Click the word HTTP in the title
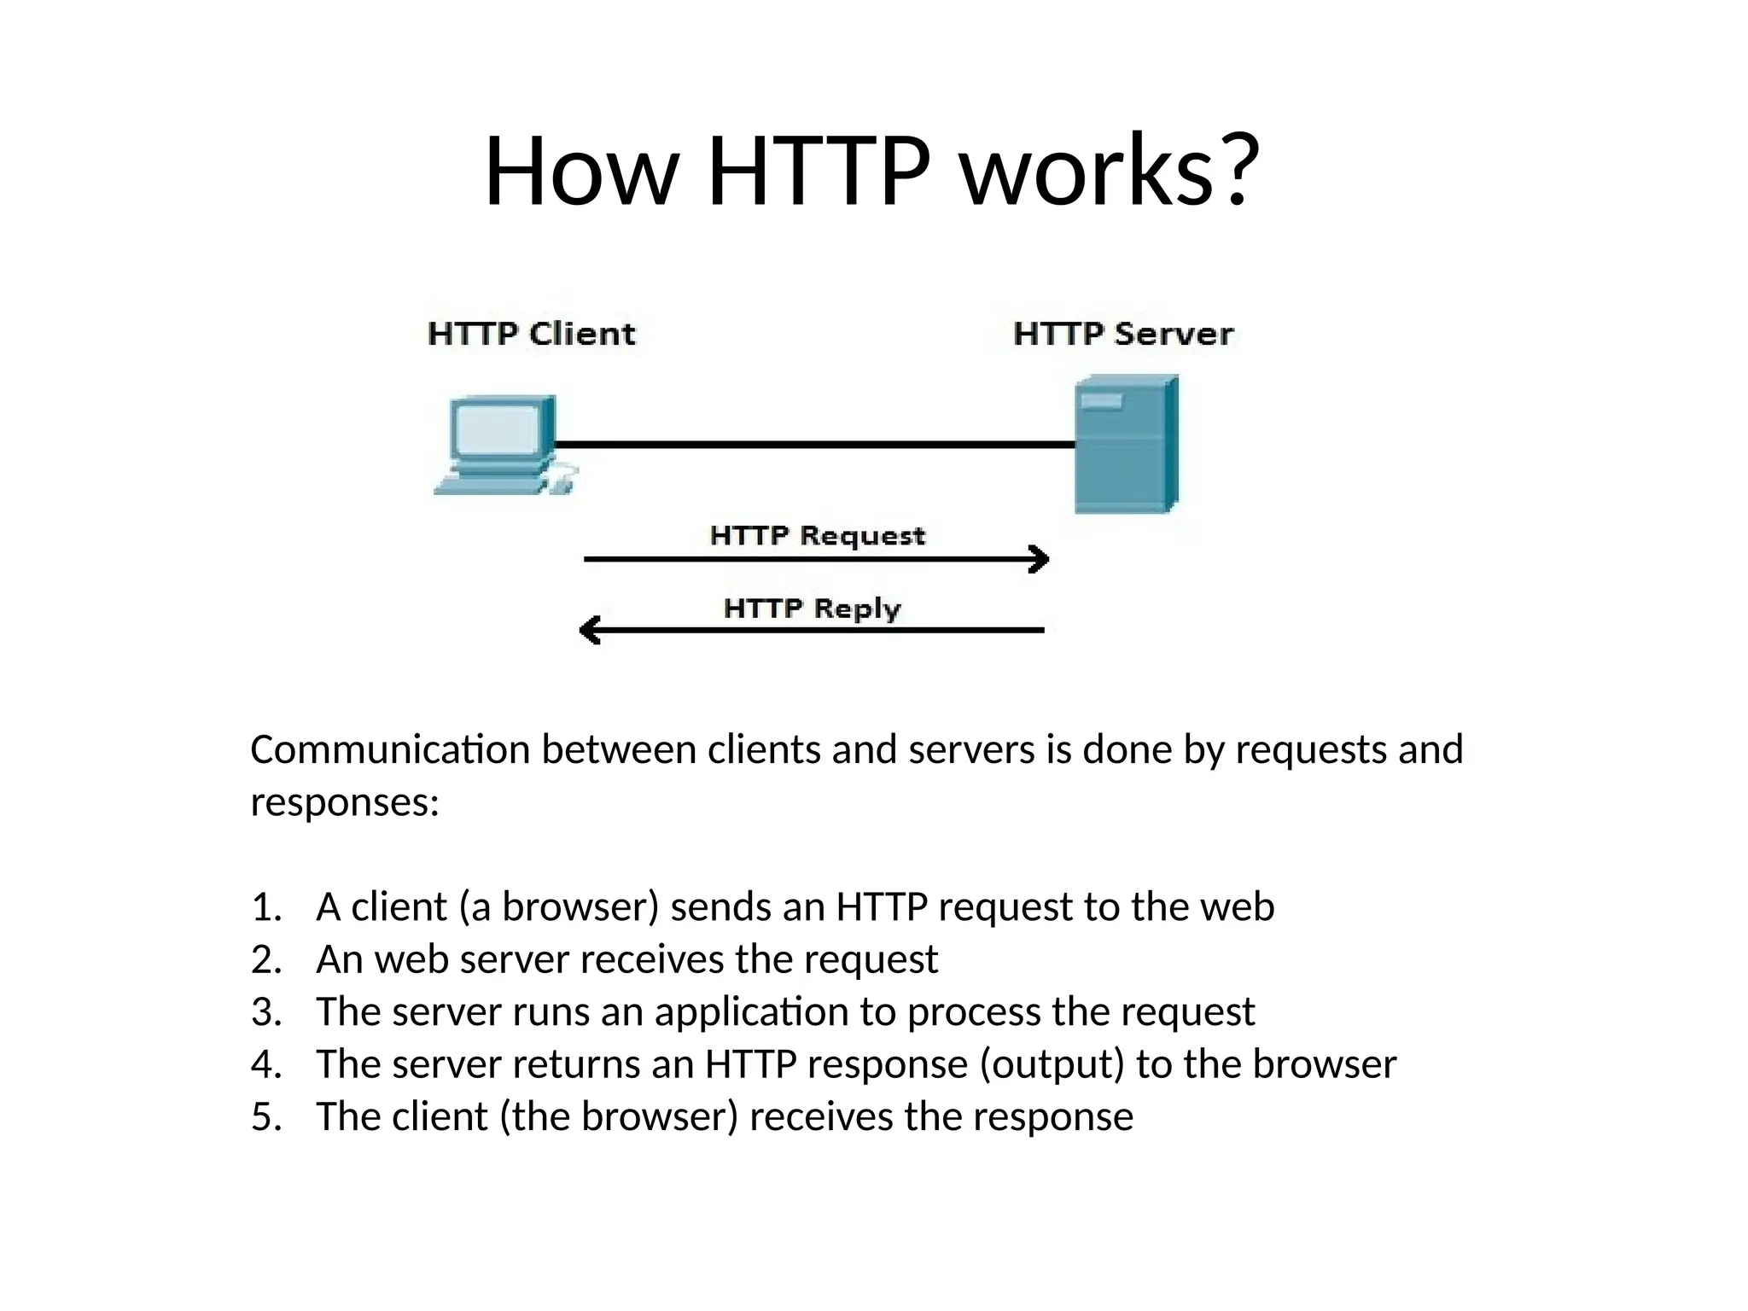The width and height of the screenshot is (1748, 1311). pyautogui.click(x=819, y=171)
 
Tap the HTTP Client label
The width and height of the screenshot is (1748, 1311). pyautogui.click(x=531, y=334)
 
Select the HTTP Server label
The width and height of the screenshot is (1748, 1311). pyautogui.click(x=1122, y=334)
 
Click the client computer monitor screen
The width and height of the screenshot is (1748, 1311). pyautogui.click(x=498, y=429)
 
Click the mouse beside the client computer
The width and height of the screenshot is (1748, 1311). pyautogui.click(x=561, y=484)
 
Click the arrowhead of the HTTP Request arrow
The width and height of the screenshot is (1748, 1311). pyautogui.click(x=1040, y=559)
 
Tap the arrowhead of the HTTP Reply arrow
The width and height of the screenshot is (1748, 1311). pyautogui.click(x=590, y=631)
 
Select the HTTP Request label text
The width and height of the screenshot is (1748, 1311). pyautogui.click(x=817, y=536)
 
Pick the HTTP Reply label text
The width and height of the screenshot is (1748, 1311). pyautogui.click(x=812, y=609)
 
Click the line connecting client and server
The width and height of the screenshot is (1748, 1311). pyautogui.click(x=815, y=445)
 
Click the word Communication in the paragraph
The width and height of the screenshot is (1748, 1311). pyautogui.click(x=390, y=750)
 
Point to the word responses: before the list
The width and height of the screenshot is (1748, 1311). pyautogui.click(x=345, y=802)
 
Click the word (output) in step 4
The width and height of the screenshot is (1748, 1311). pyautogui.click(x=1052, y=1065)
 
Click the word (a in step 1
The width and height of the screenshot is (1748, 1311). pyautogui.click(x=475, y=907)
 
